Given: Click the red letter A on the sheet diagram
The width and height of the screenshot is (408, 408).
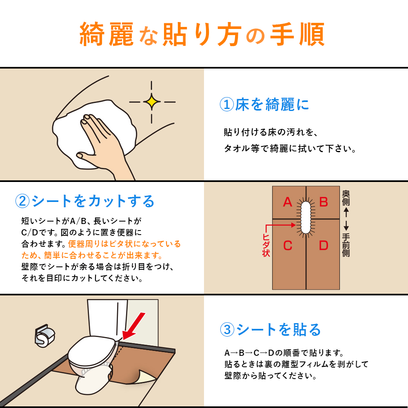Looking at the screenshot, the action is pyautogui.click(x=288, y=202).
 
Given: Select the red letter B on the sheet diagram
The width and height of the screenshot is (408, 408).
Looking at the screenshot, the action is pyautogui.click(x=324, y=202).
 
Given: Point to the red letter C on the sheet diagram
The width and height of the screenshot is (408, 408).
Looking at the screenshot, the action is pyautogui.click(x=288, y=245).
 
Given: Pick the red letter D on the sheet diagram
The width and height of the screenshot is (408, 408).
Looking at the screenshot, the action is pyautogui.click(x=324, y=245).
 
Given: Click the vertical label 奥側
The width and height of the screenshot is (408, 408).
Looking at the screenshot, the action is pyautogui.click(x=346, y=198).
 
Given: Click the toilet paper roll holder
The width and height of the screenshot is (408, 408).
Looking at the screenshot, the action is pyautogui.click(x=45, y=336).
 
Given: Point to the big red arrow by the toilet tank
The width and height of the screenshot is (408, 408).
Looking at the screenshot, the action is pyautogui.click(x=133, y=326).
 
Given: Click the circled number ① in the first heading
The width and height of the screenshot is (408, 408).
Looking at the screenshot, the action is pyautogui.click(x=226, y=104).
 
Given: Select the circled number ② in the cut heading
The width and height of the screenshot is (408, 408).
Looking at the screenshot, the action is pyautogui.click(x=22, y=201).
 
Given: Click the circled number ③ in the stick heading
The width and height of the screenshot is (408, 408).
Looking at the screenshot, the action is pyautogui.click(x=227, y=330).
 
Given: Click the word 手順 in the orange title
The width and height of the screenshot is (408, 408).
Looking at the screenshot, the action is pyautogui.click(x=297, y=34).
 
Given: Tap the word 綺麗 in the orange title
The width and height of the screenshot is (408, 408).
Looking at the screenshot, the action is pyautogui.click(x=106, y=34).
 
